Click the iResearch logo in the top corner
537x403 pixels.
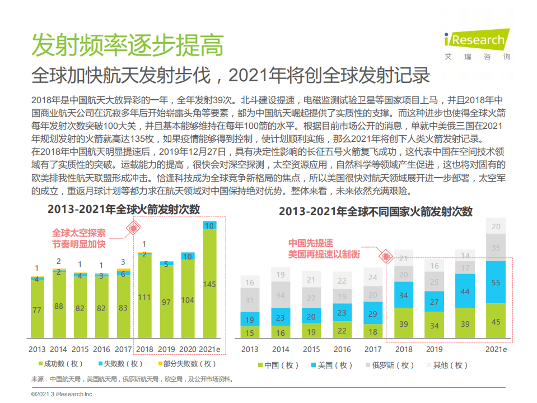click(x=476, y=42)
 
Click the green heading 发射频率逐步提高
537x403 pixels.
click(x=127, y=45)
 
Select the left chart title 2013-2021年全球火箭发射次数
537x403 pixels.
click(x=123, y=210)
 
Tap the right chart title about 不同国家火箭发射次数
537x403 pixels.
click(x=376, y=211)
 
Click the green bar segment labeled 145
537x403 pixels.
click(x=208, y=284)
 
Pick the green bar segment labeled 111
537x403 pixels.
click(x=144, y=297)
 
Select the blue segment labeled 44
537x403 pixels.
click(x=464, y=291)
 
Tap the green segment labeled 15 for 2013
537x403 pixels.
click(x=250, y=333)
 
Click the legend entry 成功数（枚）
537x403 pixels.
click(x=57, y=364)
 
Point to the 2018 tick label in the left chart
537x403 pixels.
click(x=144, y=349)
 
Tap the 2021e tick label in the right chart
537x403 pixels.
click(x=496, y=349)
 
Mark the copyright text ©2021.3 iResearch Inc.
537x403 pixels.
click(x=63, y=395)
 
